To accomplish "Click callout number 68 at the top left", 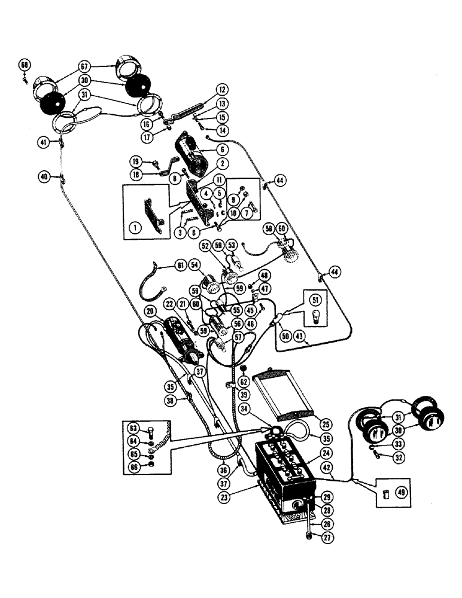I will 25,65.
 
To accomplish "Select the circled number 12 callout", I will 222,90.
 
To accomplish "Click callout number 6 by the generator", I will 223,150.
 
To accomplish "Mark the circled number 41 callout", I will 43,142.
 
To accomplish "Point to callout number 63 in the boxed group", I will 132,428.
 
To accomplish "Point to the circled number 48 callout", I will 265,274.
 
